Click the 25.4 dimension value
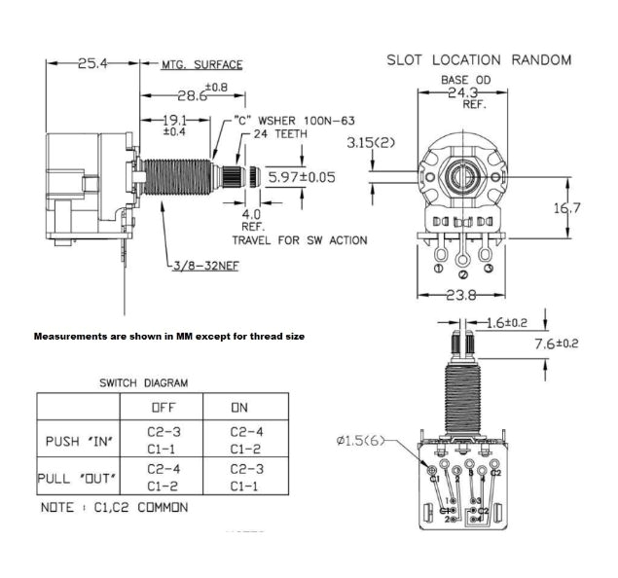click(93, 63)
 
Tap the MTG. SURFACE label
click(201, 65)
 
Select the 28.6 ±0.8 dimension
click(200, 95)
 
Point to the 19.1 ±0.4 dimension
click(175, 124)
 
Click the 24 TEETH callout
click(280, 133)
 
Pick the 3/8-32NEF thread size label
click(205, 265)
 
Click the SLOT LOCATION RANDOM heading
click(479, 59)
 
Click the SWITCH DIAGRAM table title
click(143, 383)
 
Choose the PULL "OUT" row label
click(76, 478)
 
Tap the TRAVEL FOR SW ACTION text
click(300, 238)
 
